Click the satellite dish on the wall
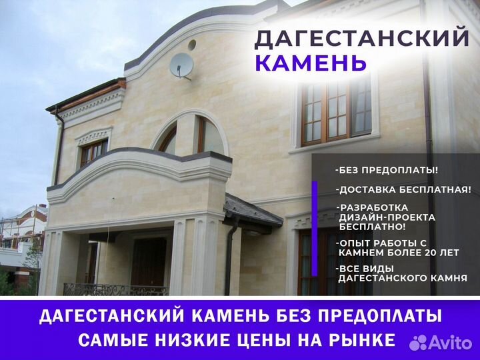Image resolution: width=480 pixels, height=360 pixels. click(x=181, y=65)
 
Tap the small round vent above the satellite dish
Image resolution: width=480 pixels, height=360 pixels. click(x=192, y=45)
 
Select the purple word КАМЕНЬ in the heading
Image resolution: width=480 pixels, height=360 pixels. click(x=311, y=63)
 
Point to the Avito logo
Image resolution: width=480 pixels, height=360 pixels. click(x=441, y=343)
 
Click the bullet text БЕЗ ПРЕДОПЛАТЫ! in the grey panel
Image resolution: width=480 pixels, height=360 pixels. click(x=387, y=170)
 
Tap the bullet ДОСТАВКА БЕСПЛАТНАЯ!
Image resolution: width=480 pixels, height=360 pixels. click(x=403, y=190)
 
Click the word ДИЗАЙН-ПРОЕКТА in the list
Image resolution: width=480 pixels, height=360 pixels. click(x=387, y=217)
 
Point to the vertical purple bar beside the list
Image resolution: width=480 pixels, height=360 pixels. click(x=315, y=229)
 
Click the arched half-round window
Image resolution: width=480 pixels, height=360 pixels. click(x=190, y=133)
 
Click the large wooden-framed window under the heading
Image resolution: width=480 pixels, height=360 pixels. click(x=336, y=113)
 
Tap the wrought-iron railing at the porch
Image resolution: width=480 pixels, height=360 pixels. click(x=116, y=289)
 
